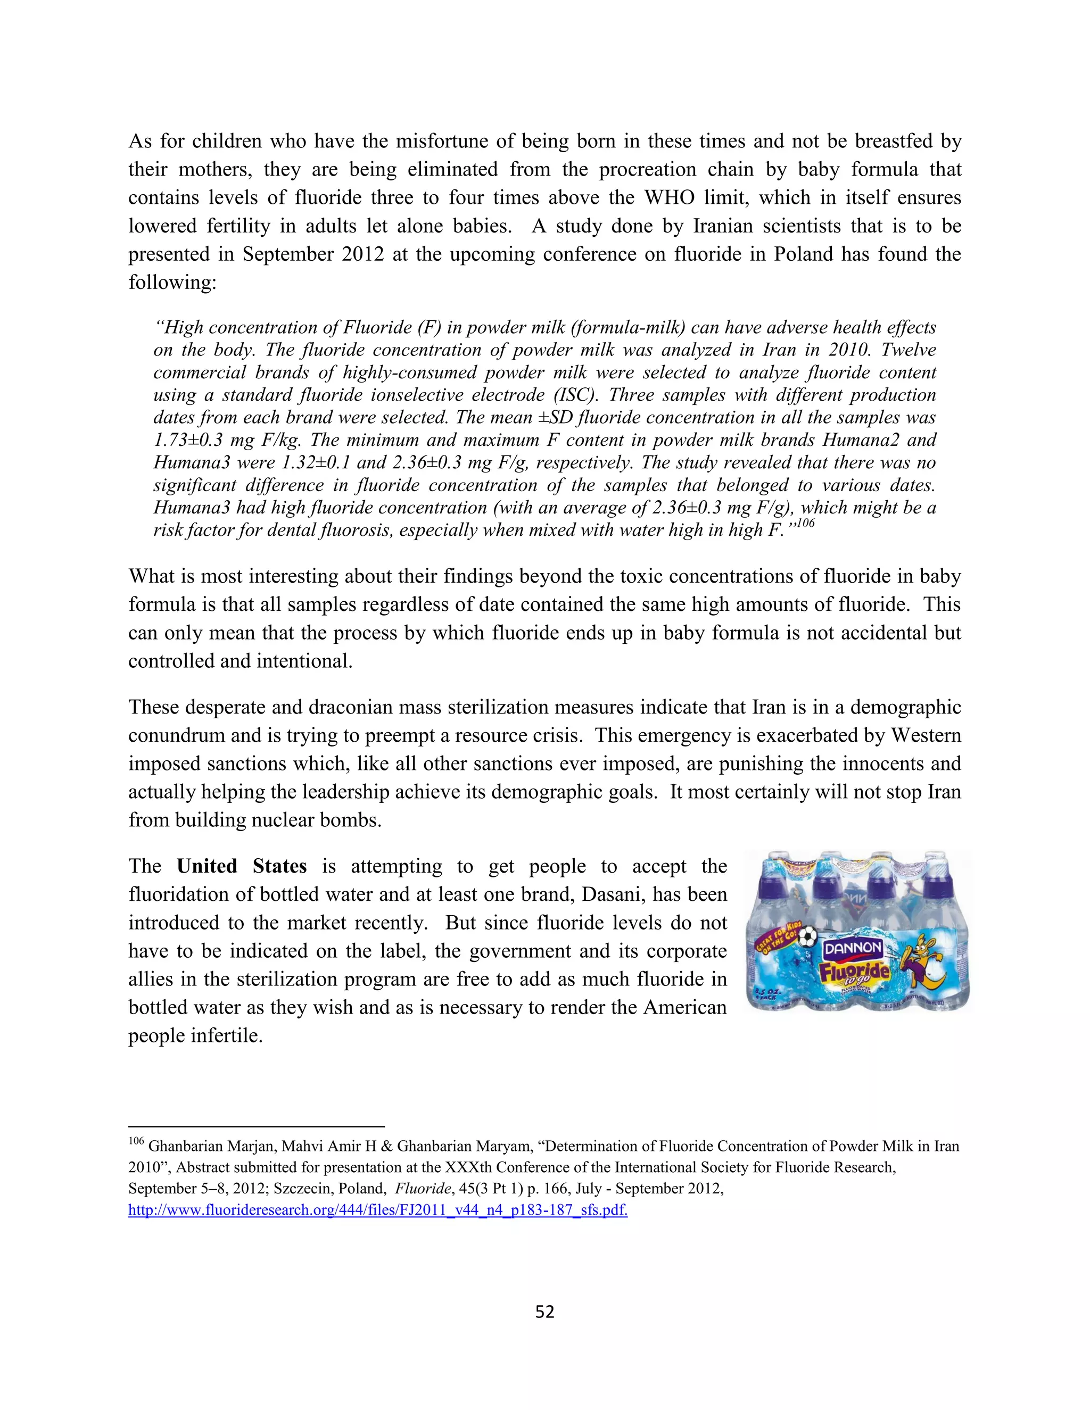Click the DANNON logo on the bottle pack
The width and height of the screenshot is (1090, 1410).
[853, 948]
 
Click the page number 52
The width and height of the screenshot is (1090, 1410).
[544, 1311]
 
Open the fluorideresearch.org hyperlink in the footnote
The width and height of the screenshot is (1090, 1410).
[378, 1210]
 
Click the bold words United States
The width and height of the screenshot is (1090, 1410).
[242, 866]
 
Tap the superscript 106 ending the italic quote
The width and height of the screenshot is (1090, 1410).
[805, 523]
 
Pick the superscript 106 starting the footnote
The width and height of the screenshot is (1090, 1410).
[136, 1141]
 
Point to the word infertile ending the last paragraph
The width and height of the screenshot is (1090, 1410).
[227, 1035]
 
